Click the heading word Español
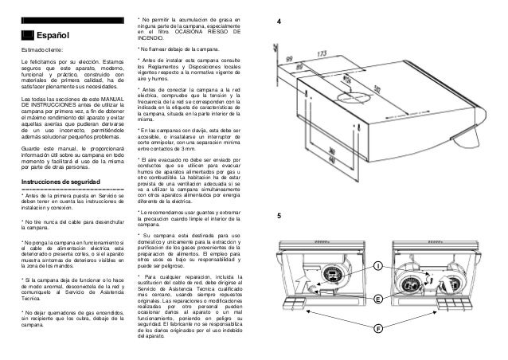(53, 35)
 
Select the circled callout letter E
(378, 298)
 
